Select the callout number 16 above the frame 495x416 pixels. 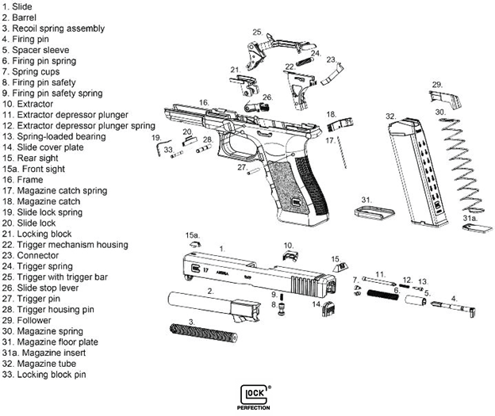coord(204,102)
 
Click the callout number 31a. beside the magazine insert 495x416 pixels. coord(468,218)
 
